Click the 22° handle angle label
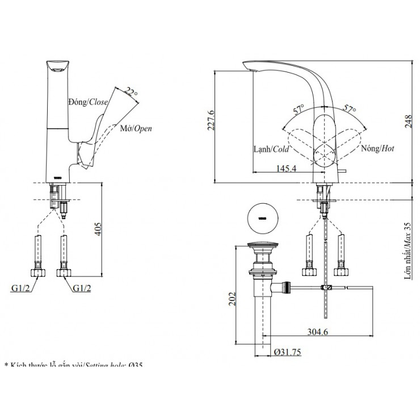click(x=132, y=91)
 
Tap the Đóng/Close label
click(x=88, y=102)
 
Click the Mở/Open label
click(x=136, y=129)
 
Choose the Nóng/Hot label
click(x=377, y=149)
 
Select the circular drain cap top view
click(x=263, y=217)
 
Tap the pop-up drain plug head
click(x=263, y=247)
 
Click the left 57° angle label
click(x=299, y=108)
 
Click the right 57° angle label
click(x=348, y=108)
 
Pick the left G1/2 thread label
click(x=20, y=288)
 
